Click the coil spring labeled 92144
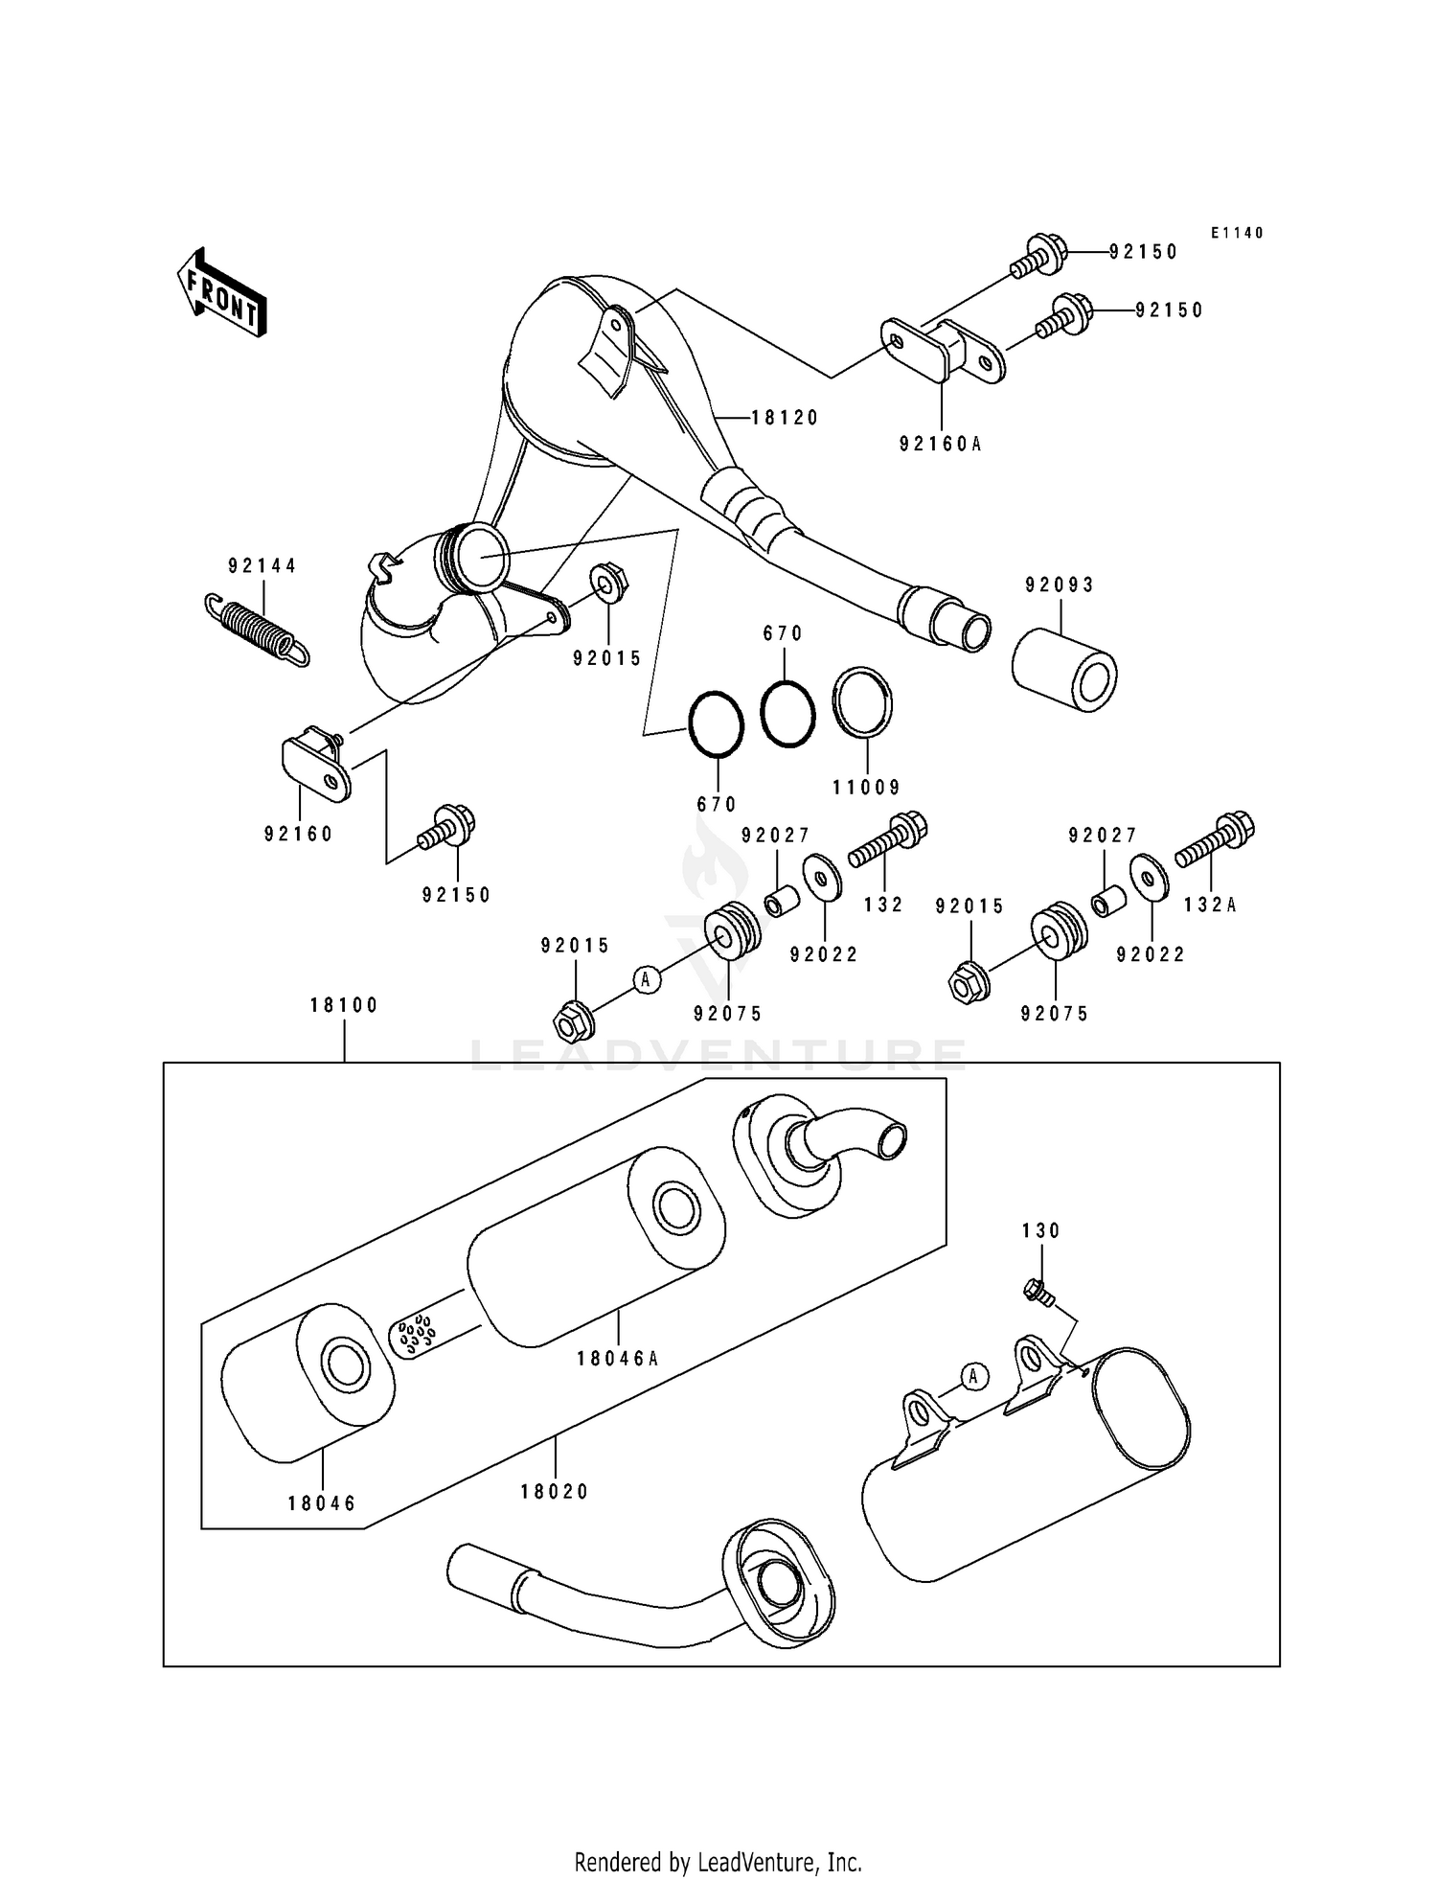pos(258,629)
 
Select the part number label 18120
pos(785,418)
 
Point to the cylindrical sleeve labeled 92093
pos(1064,669)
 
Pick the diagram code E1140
pos(1236,233)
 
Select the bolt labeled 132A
pos(1215,839)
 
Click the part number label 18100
pos(345,1005)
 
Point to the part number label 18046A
pos(618,1358)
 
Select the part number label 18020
pos(555,1491)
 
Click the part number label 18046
pos(322,1503)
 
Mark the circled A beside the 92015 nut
pos(648,978)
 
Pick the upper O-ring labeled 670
pos(787,713)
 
